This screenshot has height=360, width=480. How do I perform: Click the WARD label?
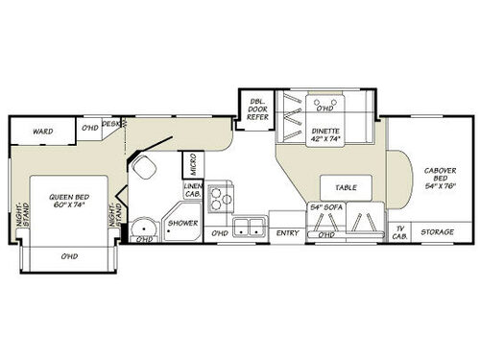41,131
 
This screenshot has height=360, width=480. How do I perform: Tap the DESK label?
112,124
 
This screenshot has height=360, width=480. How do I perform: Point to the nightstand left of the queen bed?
21,223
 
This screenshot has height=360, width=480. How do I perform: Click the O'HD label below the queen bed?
68,256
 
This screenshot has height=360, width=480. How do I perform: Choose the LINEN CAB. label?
194,192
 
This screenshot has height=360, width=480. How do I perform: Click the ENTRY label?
287,233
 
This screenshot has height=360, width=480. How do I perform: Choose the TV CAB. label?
400,231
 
